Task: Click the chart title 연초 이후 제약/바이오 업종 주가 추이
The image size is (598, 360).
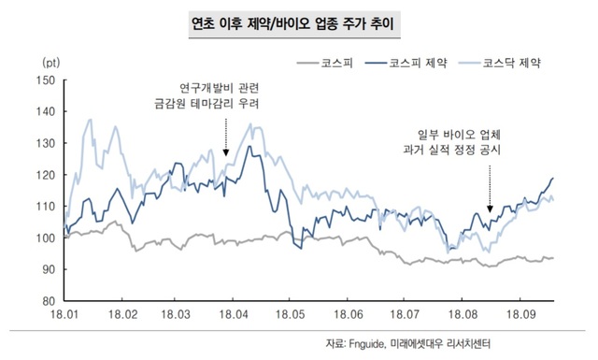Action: tap(298, 21)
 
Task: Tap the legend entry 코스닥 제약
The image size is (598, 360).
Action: tap(512, 63)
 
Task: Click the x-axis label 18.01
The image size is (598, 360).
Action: tap(66, 317)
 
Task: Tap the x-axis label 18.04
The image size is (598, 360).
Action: tap(235, 317)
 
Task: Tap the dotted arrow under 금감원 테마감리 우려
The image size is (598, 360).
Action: tap(226, 136)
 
